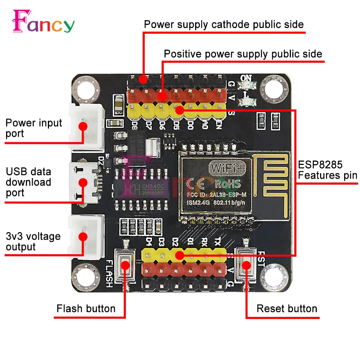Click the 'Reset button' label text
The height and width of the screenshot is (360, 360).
pos(287,309)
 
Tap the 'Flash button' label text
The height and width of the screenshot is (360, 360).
pos(86,309)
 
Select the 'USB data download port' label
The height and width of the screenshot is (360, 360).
pos(28,182)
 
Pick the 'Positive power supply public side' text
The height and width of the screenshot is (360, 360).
pos(243,54)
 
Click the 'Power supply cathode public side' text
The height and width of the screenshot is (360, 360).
pos(224,24)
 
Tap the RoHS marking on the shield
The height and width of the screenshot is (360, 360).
pos(228,184)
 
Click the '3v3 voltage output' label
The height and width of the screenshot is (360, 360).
pos(33,242)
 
